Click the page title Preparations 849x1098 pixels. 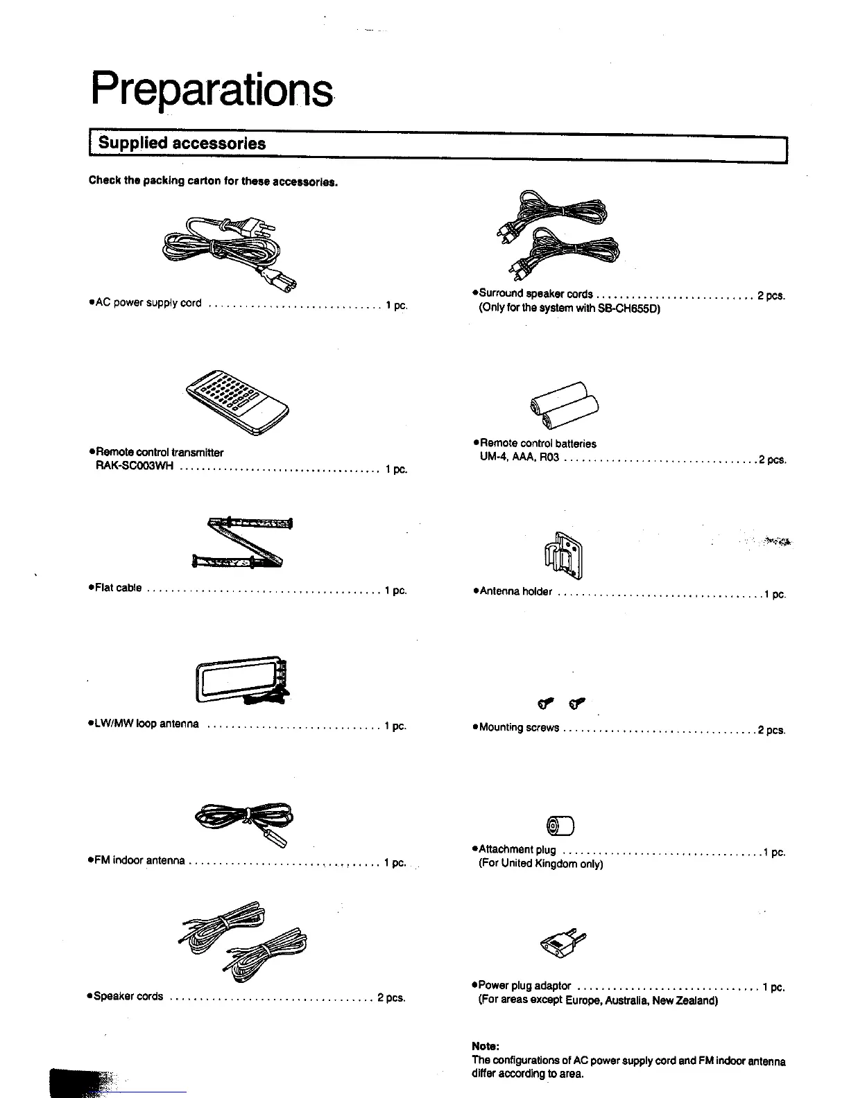tap(212, 90)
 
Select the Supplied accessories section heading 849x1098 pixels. tap(182, 143)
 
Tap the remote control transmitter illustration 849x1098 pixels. tap(235, 402)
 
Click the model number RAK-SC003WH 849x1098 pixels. tap(134, 466)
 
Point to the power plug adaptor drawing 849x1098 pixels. tap(563, 942)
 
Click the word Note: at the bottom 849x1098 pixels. tap(486, 1046)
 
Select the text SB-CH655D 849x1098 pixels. tap(628, 308)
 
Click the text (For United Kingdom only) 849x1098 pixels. tap(541, 864)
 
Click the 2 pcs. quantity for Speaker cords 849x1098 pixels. tap(391, 997)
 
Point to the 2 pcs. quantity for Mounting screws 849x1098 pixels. tap(771, 730)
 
